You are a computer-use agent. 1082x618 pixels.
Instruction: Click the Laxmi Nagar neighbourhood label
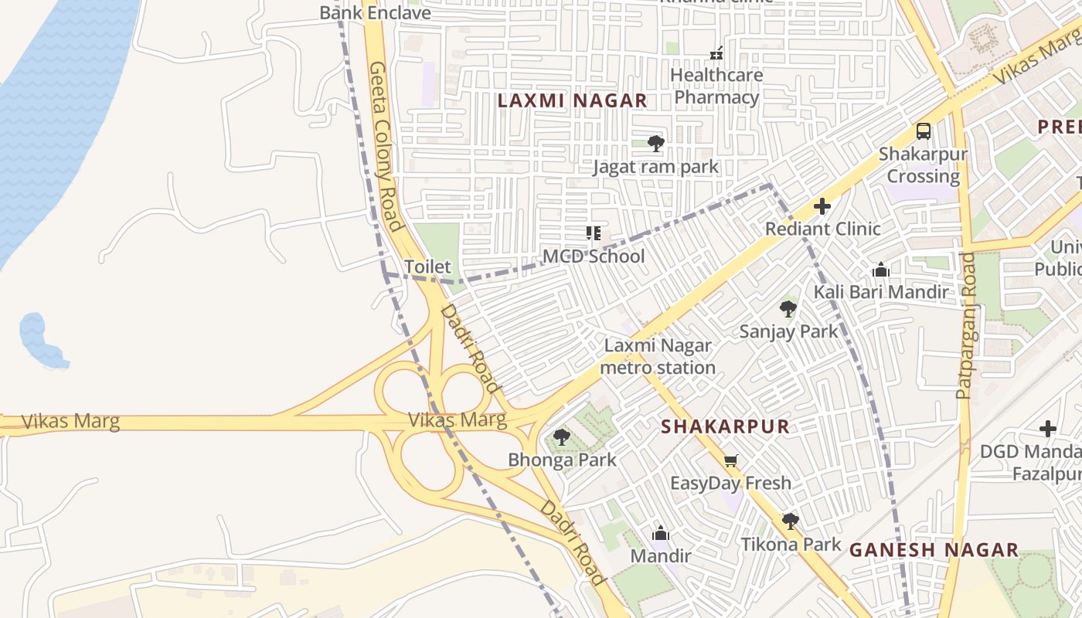coord(572,100)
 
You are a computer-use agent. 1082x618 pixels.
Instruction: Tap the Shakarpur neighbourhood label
coord(725,426)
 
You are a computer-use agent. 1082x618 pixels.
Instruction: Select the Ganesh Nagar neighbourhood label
coord(934,550)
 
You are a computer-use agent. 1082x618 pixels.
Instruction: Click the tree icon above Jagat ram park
coord(655,143)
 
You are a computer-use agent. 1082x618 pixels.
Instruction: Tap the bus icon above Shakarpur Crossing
coord(923,131)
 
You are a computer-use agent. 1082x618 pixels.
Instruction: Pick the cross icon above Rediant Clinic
coord(822,206)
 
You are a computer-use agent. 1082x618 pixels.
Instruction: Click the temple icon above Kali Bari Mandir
coord(880,270)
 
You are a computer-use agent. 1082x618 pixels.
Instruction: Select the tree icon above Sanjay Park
coord(788,309)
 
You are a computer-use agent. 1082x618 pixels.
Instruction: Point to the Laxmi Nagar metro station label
coord(658,356)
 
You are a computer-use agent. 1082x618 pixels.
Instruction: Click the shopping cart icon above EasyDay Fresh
coord(730,461)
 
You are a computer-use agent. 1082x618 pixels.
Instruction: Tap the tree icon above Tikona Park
coord(790,521)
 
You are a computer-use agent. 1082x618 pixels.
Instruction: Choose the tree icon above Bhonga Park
coord(562,437)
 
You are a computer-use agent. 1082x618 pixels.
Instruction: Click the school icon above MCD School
coord(594,233)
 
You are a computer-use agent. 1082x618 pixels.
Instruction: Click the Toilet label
coord(427,267)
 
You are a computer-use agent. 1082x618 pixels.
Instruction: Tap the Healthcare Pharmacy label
coord(716,86)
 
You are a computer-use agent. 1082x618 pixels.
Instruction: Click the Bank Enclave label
coord(375,12)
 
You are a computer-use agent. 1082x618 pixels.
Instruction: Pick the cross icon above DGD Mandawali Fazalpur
coord(1047,428)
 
